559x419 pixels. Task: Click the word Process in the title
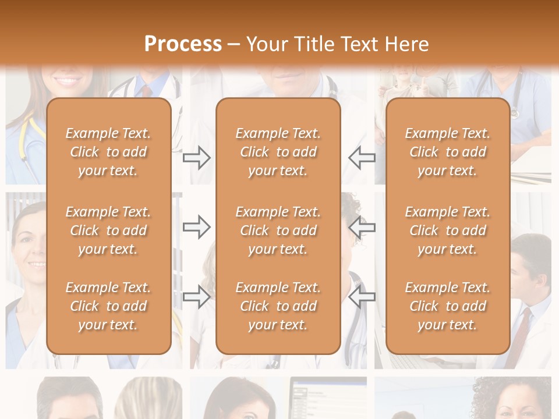pos(183,44)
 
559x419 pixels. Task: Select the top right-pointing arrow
pos(197,158)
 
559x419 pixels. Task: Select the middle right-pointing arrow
pos(197,227)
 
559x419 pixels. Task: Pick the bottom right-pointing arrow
pos(197,297)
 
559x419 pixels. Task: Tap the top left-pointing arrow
pos(362,158)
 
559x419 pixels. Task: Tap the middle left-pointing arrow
pos(362,227)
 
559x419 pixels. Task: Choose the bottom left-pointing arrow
pos(362,297)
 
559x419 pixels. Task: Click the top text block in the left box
pos(108,152)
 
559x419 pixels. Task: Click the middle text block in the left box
pos(108,230)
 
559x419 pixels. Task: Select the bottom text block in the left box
pos(108,306)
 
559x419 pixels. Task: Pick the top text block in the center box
pos(278,152)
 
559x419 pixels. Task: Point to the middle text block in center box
pos(278,230)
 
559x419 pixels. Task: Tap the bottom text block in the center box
pos(278,306)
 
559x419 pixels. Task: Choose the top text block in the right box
pos(447,152)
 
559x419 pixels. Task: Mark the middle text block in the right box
pos(447,230)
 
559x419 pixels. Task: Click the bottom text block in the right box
pos(447,306)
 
